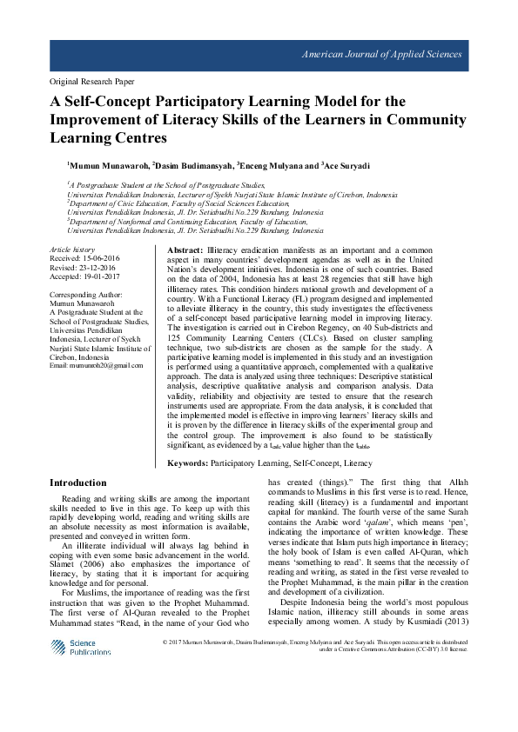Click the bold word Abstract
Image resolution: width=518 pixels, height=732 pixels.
point(185,250)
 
